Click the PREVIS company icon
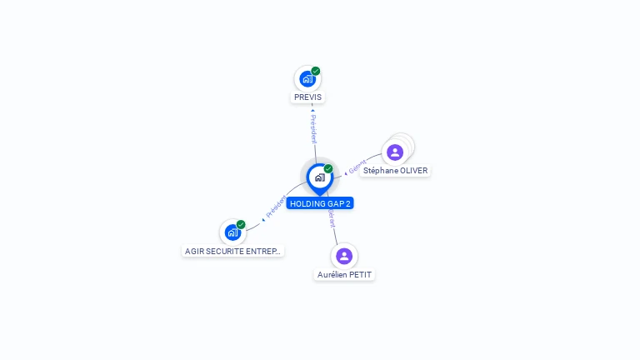(307, 79)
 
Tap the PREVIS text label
(307, 97)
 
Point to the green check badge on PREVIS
(316, 71)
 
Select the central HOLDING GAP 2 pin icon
(319, 177)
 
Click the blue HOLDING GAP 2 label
(321, 203)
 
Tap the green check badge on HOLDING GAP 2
(328, 168)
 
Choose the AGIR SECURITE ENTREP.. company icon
(232, 232)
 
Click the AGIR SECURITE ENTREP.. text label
(233, 251)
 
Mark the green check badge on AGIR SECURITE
(241, 224)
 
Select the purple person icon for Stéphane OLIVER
(395, 152)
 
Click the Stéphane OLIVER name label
(395, 170)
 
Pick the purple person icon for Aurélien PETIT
(344, 256)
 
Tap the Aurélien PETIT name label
(344, 274)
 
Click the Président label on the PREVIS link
(313, 129)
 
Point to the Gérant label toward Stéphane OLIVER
(357, 167)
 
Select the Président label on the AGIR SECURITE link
(275, 207)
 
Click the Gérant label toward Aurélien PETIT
(332, 218)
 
